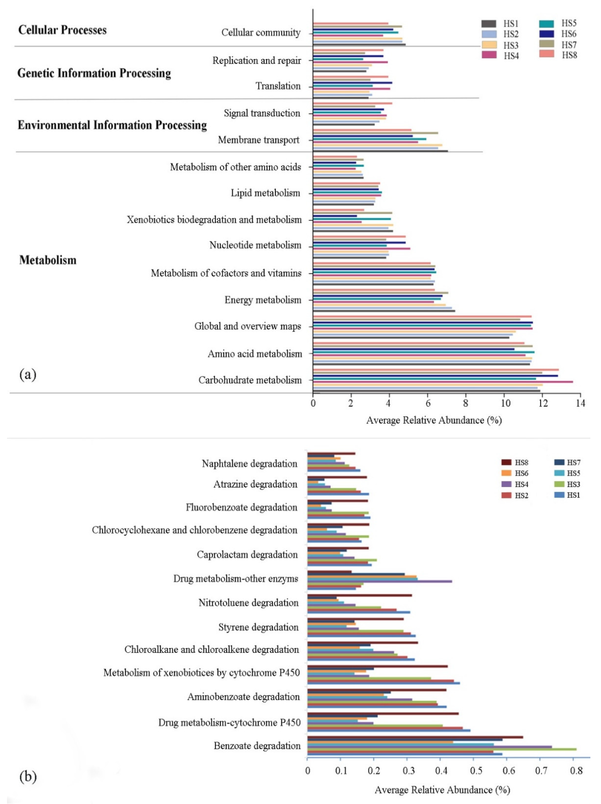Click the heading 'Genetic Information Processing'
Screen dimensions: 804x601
[x=94, y=73]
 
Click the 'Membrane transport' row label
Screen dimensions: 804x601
[x=258, y=140]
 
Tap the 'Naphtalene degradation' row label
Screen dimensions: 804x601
[x=249, y=463]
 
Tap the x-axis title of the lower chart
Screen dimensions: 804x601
[x=442, y=789]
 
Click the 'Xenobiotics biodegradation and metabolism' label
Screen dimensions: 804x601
[x=214, y=220]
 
